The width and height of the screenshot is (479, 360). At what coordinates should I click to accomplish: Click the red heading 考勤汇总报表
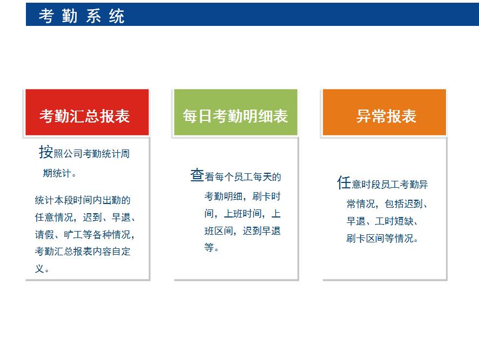click(85, 116)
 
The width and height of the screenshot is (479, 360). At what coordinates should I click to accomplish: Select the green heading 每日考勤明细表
click(235, 116)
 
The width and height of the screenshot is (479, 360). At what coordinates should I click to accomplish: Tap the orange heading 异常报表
click(386, 116)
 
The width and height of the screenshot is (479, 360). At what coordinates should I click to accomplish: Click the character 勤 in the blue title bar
click(69, 16)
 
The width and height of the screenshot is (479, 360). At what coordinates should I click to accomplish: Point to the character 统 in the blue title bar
click(117, 16)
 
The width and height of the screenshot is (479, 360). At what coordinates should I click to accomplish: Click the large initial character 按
click(46, 152)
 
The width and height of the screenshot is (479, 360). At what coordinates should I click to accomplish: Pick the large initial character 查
click(197, 175)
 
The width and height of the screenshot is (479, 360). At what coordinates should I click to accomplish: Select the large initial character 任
click(344, 182)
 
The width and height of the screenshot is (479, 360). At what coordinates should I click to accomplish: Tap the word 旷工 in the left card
click(73, 234)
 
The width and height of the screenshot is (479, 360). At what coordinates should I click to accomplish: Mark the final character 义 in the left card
click(39, 269)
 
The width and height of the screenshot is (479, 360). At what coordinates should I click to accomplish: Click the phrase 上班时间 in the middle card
click(243, 213)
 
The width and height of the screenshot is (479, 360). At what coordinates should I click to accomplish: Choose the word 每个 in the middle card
click(224, 177)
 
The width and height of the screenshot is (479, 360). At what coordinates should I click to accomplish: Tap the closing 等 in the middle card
click(209, 247)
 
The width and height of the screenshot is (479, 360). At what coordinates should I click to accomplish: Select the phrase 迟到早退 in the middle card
click(262, 231)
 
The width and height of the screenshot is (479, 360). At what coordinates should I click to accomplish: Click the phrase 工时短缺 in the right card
click(394, 221)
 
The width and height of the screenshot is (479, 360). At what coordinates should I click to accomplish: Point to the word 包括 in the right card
click(394, 203)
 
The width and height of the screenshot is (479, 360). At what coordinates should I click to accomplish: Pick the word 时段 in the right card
click(371, 185)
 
